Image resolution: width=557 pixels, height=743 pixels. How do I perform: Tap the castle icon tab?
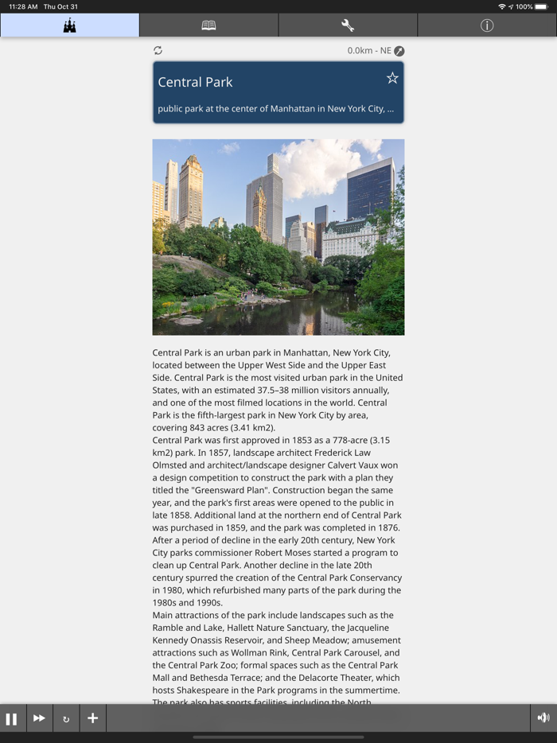[69, 25]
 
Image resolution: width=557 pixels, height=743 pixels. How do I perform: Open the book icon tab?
[208, 25]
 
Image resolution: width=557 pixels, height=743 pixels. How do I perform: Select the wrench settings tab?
[348, 25]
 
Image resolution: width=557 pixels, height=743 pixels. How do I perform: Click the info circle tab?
[487, 25]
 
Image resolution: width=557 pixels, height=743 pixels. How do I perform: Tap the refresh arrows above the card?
[158, 50]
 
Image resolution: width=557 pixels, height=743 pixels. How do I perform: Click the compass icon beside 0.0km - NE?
[399, 51]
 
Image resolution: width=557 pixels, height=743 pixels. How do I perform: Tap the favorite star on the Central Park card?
[392, 78]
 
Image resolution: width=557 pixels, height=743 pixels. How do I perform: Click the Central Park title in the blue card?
[195, 82]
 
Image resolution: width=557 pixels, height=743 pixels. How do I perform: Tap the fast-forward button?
[39, 718]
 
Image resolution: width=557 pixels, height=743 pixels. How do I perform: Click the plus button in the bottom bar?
[92, 718]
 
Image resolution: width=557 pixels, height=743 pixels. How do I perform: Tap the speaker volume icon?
[543, 718]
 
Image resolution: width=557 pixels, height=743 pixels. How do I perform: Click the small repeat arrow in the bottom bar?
[66, 719]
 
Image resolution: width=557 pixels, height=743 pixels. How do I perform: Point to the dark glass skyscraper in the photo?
[370, 189]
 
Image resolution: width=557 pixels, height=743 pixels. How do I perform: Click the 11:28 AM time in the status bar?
[23, 6]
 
